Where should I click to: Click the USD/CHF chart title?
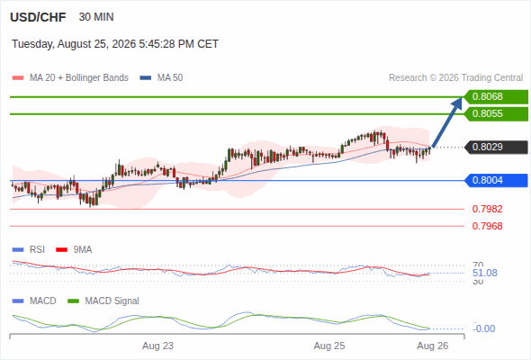[38, 17]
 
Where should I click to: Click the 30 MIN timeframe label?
[96, 17]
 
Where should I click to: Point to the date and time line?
[115, 44]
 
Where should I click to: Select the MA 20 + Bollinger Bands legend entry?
[70, 78]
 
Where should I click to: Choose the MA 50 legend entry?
[161, 78]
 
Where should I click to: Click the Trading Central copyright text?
[455, 78]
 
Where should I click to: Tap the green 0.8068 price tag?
[496, 97]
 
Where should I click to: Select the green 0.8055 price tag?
[496, 113]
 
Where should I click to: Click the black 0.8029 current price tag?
[496, 147]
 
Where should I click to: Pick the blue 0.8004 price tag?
[496, 180]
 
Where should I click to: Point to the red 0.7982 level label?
[487, 209]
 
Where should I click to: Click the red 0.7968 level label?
[487, 226]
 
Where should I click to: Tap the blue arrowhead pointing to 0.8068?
[457, 103]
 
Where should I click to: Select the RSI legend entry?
[29, 249]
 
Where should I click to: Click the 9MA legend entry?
[74, 249]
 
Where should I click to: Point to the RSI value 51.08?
[485, 273]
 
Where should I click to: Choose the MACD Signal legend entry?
[103, 301]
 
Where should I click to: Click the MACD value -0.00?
[483, 328]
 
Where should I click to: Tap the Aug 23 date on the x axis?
[157, 346]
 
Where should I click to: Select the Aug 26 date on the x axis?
[433, 346]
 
